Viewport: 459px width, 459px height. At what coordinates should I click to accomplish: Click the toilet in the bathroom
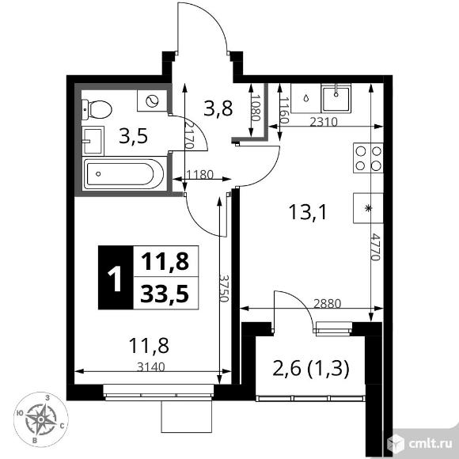click(x=97, y=110)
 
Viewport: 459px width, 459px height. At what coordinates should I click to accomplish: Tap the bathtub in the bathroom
click(x=123, y=174)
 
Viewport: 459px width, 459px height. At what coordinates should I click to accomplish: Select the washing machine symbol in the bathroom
click(x=152, y=101)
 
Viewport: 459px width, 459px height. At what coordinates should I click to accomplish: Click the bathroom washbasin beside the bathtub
click(x=93, y=141)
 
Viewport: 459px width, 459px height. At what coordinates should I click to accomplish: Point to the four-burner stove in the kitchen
click(x=368, y=157)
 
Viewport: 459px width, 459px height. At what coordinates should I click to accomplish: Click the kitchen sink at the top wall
click(x=336, y=98)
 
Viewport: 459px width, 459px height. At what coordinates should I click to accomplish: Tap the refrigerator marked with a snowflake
click(x=368, y=208)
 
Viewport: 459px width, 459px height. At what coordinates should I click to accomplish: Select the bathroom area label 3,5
click(x=133, y=136)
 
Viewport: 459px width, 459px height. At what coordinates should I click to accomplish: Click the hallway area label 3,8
click(x=218, y=108)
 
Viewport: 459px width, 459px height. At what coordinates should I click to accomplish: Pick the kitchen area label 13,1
click(x=307, y=212)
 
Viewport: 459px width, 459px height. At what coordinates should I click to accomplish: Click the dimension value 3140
click(x=151, y=366)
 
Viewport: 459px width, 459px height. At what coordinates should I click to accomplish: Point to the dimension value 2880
click(x=328, y=304)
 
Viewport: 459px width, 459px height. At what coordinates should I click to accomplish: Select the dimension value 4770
click(x=374, y=247)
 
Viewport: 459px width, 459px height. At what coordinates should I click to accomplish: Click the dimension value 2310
click(x=324, y=122)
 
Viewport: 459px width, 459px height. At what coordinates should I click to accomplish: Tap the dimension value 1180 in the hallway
click(x=199, y=175)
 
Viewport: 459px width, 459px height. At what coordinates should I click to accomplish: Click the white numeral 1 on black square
click(x=115, y=278)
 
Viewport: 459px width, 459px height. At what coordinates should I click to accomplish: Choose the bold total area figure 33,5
click(x=165, y=294)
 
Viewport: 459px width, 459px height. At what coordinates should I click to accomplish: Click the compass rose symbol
click(x=41, y=420)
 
